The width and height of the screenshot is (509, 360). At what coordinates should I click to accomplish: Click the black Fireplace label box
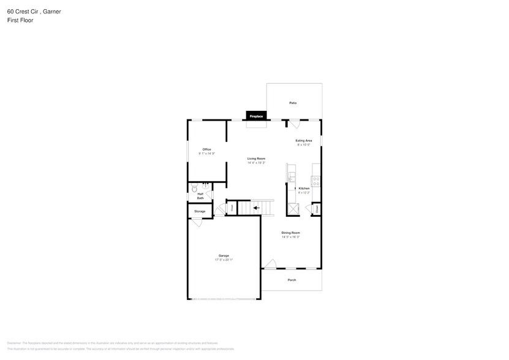click(256, 116)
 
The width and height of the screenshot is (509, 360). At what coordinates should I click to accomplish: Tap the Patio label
click(293, 103)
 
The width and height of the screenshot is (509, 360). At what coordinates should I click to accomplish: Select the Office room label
click(207, 149)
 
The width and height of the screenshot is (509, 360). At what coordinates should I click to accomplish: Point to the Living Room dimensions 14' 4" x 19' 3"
click(256, 163)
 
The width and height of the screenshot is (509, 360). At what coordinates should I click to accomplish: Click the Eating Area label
click(304, 141)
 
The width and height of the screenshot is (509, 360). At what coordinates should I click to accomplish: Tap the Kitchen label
click(304, 189)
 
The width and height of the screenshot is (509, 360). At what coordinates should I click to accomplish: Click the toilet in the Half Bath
click(194, 188)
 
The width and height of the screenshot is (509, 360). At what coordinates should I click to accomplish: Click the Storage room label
click(200, 211)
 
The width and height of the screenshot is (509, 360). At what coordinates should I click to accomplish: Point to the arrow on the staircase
click(256, 208)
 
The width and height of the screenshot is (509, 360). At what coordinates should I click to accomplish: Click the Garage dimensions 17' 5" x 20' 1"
click(224, 260)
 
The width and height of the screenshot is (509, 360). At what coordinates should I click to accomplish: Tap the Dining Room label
click(291, 233)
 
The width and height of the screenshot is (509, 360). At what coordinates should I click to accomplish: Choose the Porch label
click(292, 280)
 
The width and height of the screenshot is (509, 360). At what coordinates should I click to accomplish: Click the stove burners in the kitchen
click(316, 181)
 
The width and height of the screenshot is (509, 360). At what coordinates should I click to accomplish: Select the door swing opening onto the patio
click(294, 124)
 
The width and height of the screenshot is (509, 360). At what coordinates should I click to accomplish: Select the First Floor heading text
click(20, 20)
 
